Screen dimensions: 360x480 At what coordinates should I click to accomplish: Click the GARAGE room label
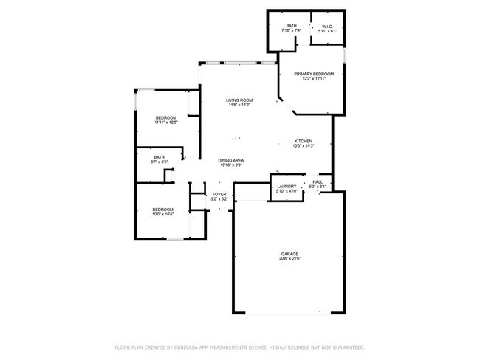tap(289, 253)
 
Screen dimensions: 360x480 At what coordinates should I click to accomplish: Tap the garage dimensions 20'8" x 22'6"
tap(289, 258)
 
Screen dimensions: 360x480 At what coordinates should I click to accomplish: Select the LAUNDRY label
tap(287, 186)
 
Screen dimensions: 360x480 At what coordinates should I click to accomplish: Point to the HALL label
tap(318, 181)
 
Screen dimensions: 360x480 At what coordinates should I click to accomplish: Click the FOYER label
tap(219, 194)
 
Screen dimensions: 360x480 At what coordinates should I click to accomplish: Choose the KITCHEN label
tap(304, 141)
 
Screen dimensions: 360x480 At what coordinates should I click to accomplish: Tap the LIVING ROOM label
tap(239, 100)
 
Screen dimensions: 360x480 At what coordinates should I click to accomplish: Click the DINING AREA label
tap(231, 160)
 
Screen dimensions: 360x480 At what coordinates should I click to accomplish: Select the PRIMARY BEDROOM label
tap(314, 74)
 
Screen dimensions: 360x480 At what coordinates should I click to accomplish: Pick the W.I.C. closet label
tap(327, 26)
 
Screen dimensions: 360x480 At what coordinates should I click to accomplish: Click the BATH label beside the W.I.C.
tap(292, 26)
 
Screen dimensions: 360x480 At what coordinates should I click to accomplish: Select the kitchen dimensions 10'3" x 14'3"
tap(304, 146)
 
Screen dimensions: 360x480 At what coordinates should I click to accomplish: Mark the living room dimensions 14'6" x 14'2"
tap(239, 105)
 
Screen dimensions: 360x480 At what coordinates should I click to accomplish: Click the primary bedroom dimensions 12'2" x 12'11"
tap(314, 79)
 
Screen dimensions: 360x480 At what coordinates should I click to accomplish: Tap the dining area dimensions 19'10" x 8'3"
tap(231, 165)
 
